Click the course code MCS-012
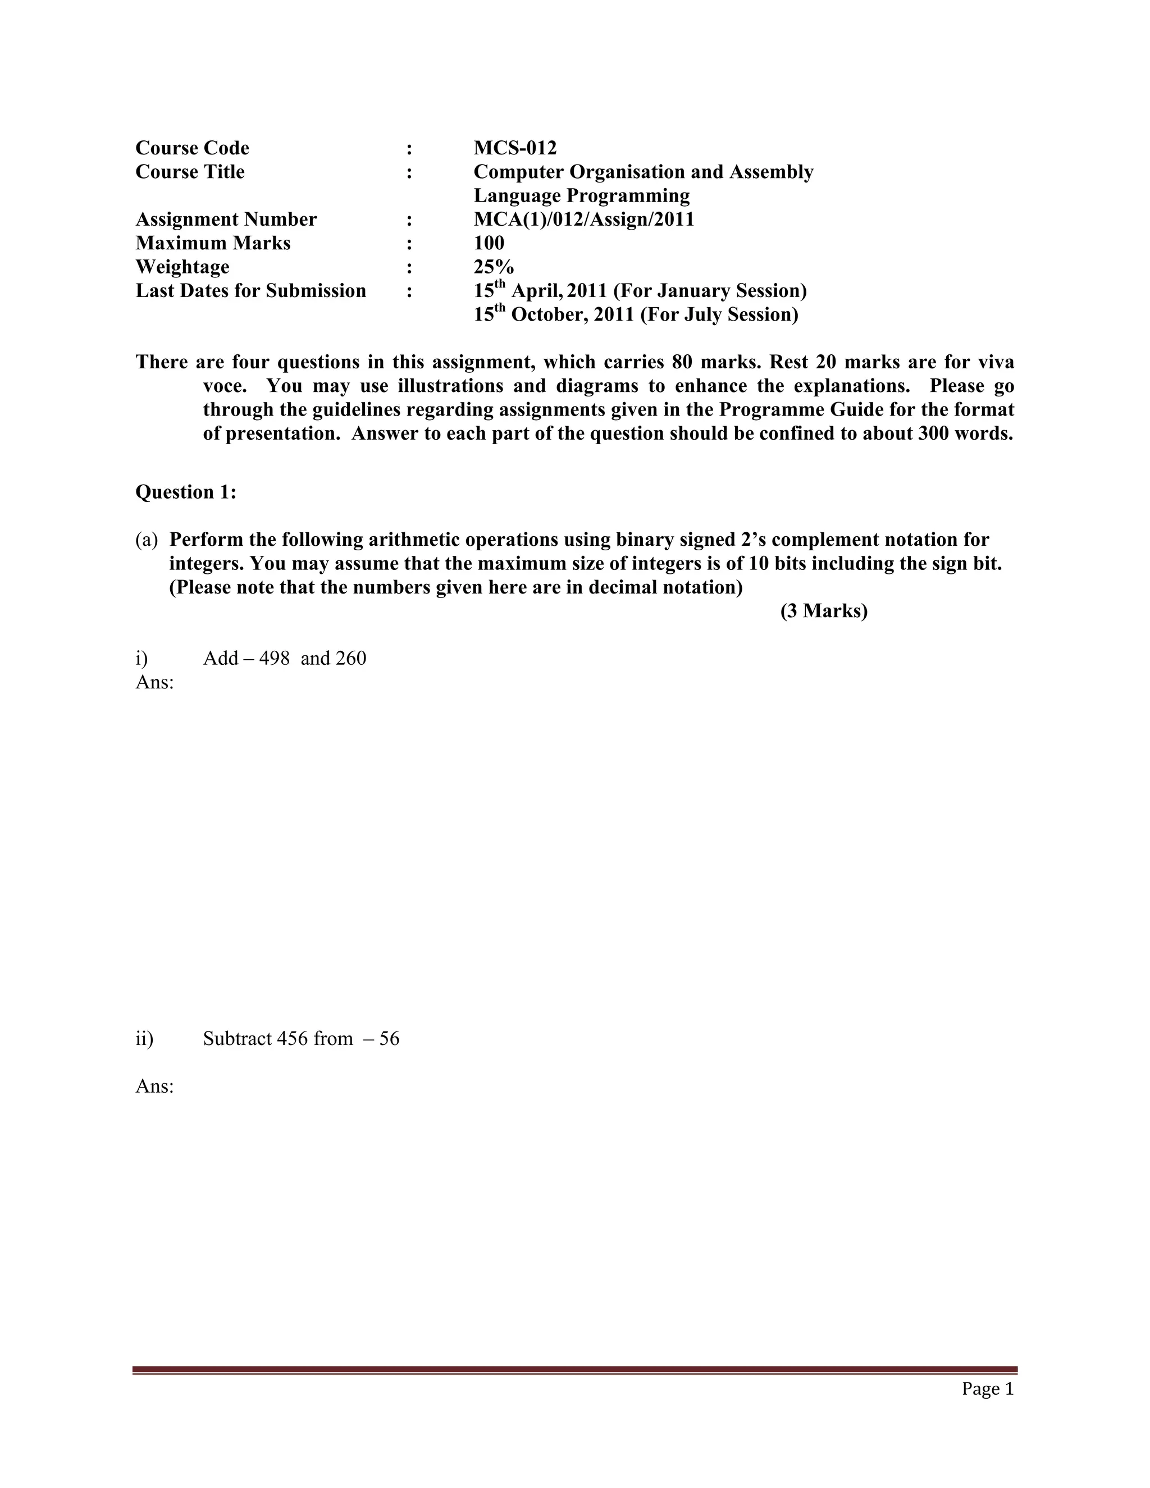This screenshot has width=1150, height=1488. [515, 148]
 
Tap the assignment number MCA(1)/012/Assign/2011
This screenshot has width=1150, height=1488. [584, 220]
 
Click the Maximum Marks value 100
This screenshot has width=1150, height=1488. [489, 243]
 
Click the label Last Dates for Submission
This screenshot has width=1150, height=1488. [250, 291]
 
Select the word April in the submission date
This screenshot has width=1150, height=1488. [537, 291]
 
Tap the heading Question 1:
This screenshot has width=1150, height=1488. [186, 492]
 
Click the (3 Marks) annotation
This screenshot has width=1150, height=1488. [824, 611]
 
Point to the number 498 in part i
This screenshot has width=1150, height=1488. [275, 658]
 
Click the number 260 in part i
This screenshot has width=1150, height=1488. [351, 658]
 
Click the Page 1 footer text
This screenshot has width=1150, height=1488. [987, 1389]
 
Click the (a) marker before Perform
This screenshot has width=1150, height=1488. [147, 540]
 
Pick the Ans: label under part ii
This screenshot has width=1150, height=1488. [154, 1086]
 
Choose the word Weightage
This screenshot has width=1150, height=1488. [182, 267]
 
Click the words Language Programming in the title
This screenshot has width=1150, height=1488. [582, 195]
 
